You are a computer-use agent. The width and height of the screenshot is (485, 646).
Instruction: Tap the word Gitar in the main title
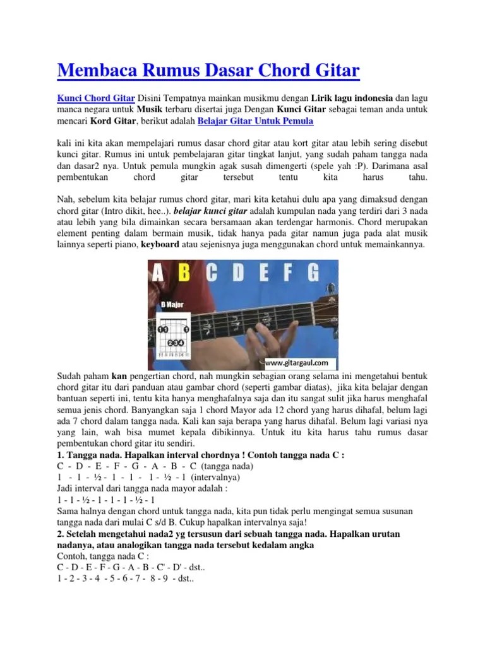(x=333, y=71)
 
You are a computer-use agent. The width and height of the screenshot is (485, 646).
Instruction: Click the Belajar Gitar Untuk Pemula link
(x=255, y=121)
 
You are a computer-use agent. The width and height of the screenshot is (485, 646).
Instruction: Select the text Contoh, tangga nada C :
(x=103, y=557)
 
